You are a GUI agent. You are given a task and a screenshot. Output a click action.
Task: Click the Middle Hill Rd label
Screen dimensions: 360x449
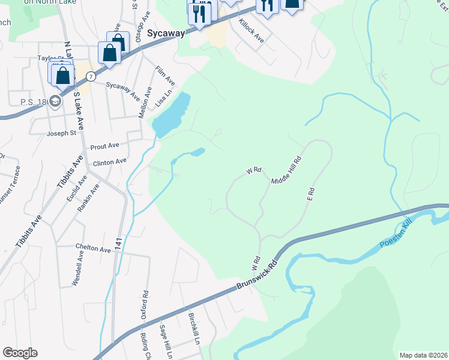286,172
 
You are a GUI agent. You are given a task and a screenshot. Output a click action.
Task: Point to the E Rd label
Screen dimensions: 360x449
311,194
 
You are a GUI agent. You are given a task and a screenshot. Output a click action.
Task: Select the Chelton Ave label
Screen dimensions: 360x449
93,248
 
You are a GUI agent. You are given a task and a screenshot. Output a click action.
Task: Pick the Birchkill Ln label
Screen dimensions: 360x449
193,328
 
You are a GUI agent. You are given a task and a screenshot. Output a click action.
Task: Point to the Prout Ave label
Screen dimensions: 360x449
105,146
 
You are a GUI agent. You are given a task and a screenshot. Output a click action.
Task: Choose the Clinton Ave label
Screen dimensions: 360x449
109,161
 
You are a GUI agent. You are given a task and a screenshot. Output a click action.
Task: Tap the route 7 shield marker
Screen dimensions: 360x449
90,76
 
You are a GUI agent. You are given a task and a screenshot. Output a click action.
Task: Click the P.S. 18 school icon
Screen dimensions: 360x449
55,101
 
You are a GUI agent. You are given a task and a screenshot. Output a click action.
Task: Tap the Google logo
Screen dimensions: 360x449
20,353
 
